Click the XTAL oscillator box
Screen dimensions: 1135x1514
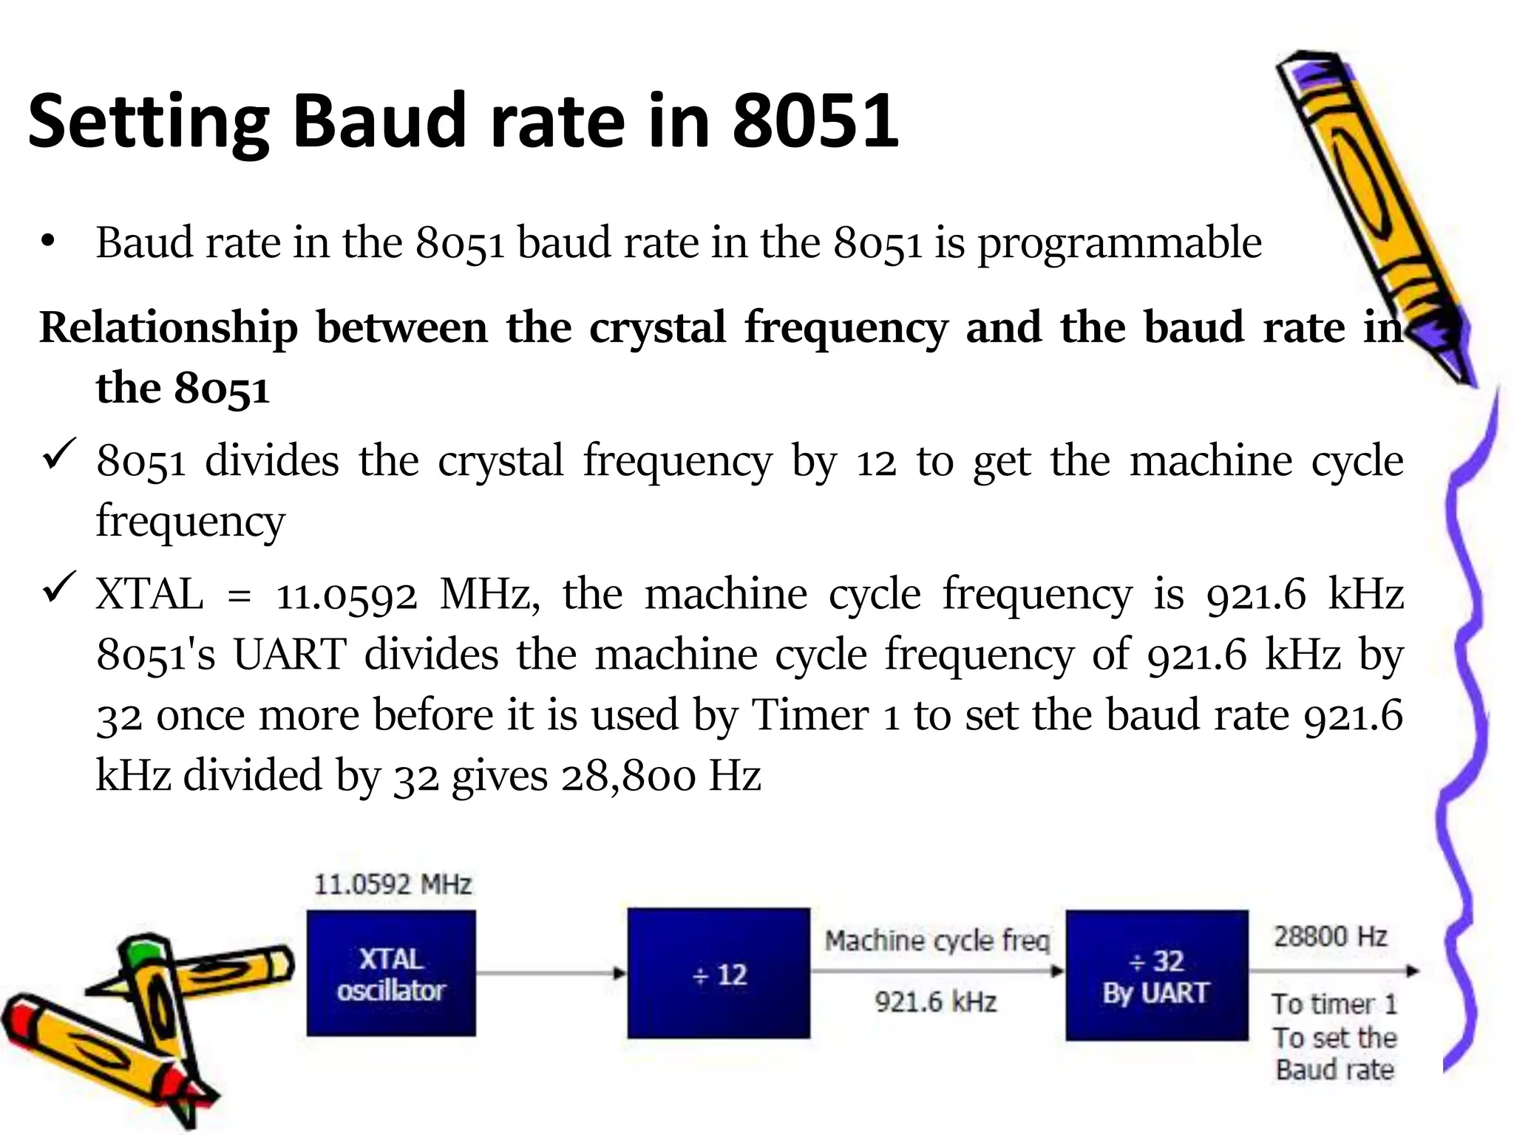(x=391, y=973)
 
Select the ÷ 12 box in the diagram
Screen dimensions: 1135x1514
(x=719, y=973)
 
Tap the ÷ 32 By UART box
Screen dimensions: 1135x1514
(x=1156, y=975)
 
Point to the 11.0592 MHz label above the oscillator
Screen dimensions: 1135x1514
(x=393, y=885)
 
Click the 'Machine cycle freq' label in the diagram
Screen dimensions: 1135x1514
(x=937, y=941)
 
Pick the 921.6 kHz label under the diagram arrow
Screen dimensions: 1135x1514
(x=936, y=1002)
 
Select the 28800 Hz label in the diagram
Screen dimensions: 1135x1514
(x=1330, y=936)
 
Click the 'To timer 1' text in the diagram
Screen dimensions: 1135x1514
(x=1334, y=1003)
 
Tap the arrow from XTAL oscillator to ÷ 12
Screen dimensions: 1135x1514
(x=551, y=973)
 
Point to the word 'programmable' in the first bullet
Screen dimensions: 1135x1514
(x=1120, y=242)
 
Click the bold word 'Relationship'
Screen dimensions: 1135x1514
(x=169, y=327)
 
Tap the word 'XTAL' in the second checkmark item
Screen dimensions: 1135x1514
(x=149, y=593)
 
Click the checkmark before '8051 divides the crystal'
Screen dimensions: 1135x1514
(x=60, y=453)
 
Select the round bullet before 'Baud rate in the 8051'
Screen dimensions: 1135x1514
(x=49, y=242)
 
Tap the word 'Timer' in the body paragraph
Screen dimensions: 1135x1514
(x=810, y=715)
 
